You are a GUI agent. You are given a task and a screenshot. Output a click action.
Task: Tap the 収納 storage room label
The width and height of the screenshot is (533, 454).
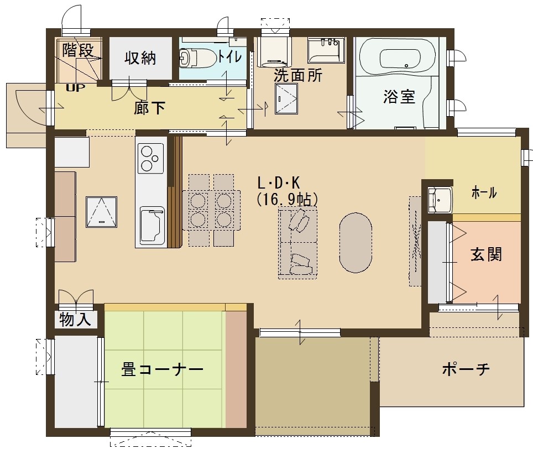140,58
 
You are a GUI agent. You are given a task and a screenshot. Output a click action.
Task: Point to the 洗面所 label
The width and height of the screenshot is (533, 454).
298,76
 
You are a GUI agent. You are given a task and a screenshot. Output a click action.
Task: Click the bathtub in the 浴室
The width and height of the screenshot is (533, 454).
398,58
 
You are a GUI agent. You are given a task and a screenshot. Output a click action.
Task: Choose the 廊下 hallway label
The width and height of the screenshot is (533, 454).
149,108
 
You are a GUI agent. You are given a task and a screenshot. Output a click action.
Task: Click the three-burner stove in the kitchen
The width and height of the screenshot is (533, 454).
150,158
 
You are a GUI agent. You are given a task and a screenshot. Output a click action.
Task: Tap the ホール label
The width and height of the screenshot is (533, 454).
484,194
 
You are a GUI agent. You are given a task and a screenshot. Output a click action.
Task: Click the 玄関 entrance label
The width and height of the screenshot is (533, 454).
486,254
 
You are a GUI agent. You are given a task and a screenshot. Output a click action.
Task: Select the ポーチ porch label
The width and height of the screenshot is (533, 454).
466,369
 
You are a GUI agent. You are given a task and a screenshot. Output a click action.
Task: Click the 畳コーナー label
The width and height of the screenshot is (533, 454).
162,370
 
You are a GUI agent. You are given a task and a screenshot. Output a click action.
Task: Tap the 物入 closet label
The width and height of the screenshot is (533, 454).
75,320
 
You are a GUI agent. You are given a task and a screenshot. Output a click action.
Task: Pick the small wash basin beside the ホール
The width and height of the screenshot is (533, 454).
440,199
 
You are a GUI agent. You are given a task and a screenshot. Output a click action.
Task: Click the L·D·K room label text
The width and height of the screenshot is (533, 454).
279,183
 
